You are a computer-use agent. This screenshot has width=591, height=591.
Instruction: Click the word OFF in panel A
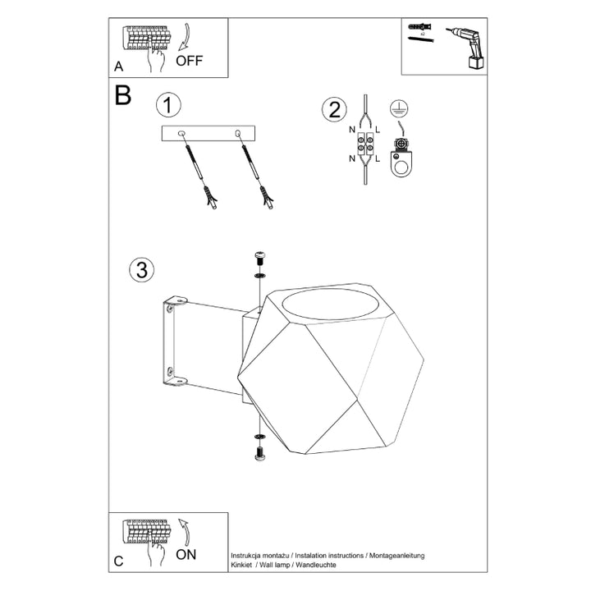tap(190, 61)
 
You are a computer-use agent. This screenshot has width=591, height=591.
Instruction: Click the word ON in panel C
tap(186, 554)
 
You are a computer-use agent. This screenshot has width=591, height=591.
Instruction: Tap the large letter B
tap(123, 95)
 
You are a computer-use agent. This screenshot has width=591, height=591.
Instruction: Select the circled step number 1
tap(168, 105)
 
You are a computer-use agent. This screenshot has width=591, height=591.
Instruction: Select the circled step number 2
tap(334, 110)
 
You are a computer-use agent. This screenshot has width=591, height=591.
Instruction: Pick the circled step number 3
tap(142, 270)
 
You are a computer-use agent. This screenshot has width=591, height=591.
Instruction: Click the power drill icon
tap(466, 48)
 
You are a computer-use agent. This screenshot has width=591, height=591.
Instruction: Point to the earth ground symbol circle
tap(399, 108)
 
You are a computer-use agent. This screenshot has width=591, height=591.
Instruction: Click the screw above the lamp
tap(259, 259)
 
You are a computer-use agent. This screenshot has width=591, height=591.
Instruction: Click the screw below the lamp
tap(260, 453)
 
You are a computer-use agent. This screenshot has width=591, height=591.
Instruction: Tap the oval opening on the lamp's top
tap(324, 305)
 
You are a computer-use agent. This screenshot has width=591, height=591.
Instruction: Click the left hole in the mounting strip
tap(181, 133)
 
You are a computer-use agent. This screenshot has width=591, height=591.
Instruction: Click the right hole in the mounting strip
tap(237, 133)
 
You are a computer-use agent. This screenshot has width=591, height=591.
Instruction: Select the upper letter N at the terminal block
tap(352, 130)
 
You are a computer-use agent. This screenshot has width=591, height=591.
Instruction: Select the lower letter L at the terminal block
tap(378, 159)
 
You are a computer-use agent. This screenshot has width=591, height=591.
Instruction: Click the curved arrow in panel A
tap(185, 37)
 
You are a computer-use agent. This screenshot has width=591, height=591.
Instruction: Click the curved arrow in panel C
tap(185, 532)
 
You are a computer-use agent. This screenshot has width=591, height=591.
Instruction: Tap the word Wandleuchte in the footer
tap(316, 565)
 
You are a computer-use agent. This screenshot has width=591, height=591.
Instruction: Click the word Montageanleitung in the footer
tap(397, 556)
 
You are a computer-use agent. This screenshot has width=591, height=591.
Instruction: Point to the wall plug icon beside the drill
tap(420, 27)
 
